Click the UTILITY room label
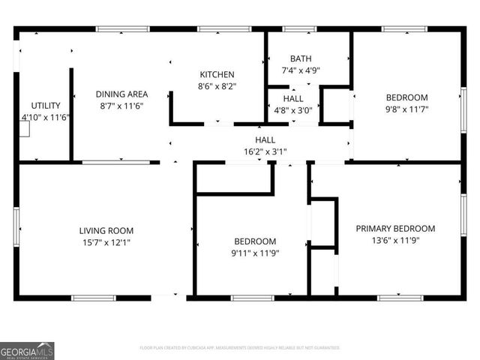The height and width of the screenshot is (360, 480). tap(45, 106)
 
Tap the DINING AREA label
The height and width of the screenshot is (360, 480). tap(121, 94)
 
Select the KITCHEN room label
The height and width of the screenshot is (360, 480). tap(217, 75)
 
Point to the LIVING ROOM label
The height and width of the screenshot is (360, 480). tap(106, 230)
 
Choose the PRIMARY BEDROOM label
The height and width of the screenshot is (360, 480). tap(395, 229)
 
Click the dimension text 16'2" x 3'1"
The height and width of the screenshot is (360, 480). tap(265, 151)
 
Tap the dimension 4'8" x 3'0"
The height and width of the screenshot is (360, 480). tap(293, 110)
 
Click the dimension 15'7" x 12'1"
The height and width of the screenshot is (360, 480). tap(106, 242)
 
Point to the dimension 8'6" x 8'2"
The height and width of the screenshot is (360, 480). tap(217, 87)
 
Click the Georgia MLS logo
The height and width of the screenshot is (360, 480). tap(27, 350)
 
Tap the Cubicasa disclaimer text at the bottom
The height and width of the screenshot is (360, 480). tap(240, 348)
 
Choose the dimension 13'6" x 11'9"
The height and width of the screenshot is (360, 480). tap(395, 241)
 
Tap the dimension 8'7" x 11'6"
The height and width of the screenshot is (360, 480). tap(121, 106)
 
